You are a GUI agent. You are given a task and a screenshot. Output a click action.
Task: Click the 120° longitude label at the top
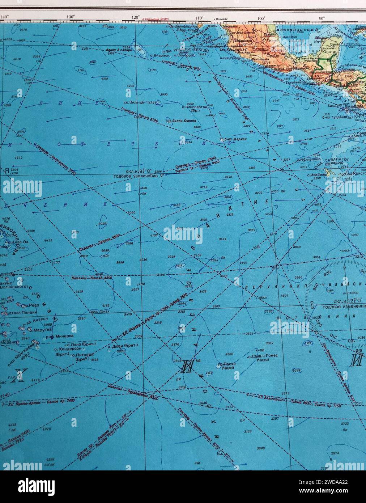click(x=136, y=17)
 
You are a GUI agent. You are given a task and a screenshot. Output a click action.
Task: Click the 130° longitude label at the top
click(x=71, y=17)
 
